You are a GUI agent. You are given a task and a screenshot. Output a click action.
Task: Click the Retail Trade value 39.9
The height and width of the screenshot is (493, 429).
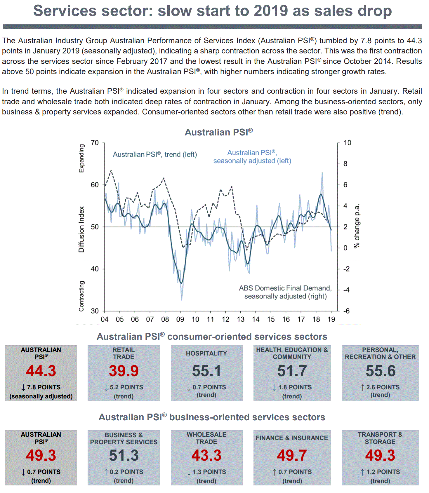(124, 371)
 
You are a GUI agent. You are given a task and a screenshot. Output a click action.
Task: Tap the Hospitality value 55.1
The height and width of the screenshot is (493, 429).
(206, 371)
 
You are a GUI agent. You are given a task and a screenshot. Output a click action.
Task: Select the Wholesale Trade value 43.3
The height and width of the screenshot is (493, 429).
(206, 455)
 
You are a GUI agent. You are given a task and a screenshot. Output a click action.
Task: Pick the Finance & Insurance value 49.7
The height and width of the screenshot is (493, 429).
(292, 455)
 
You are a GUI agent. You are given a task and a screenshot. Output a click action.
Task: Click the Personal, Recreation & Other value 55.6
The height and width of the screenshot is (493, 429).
(380, 371)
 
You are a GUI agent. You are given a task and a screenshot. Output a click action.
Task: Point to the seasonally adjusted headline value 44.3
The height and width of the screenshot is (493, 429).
(41, 371)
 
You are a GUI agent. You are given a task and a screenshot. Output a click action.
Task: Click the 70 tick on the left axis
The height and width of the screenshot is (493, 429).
(95, 143)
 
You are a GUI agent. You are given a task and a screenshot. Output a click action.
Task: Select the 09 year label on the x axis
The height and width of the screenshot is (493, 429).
(180, 319)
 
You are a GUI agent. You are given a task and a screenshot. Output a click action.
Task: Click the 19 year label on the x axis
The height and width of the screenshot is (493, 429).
(331, 319)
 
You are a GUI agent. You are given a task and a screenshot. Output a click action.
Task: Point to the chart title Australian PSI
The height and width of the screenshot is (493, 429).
(218, 132)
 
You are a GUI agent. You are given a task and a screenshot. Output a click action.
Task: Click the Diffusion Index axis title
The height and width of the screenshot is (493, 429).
(81, 229)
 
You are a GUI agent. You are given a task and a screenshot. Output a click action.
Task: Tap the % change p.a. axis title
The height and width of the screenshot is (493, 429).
(357, 226)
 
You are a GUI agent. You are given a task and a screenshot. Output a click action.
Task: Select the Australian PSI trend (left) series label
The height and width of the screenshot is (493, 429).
(155, 154)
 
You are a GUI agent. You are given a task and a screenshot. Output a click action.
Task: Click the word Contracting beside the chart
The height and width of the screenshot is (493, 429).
(81, 296)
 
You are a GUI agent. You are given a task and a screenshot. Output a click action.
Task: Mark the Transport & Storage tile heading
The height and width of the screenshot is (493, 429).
(380, 438)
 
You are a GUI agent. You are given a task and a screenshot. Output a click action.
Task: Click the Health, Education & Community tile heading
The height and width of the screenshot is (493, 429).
(292, 353)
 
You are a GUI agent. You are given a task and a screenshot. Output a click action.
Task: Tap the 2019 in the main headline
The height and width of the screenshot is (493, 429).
(270, 11)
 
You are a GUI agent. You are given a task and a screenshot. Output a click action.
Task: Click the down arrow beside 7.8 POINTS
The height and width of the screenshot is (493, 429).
(23, 387)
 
